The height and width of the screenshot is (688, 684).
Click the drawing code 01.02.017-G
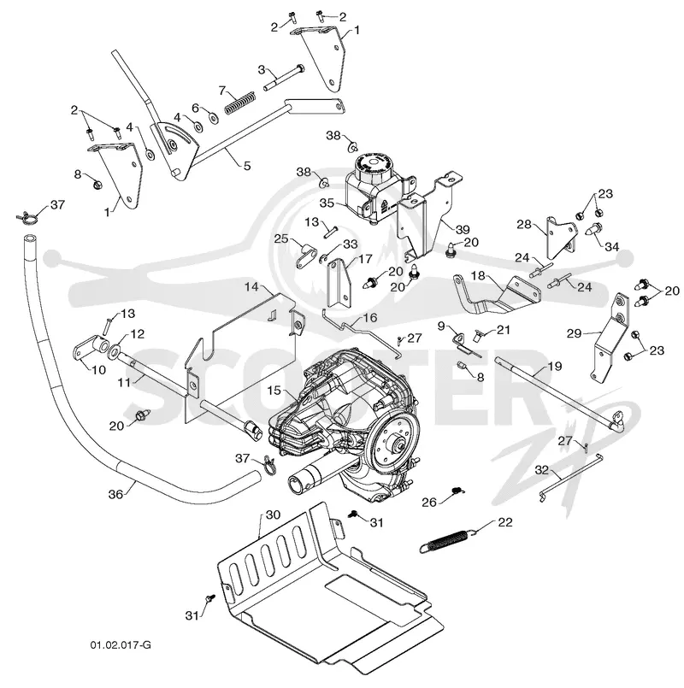pyautogui.click(x=121, y=645)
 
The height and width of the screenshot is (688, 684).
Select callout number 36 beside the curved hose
pyautogui.click(x=115, y=494)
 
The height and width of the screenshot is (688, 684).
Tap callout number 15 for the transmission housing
pyautogui.click(x=274, y=390)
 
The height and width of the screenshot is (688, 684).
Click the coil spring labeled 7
pyautogui.click(x=240, y=103)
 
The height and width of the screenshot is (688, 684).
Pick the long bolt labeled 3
pyautogui.click(x=284, y=77)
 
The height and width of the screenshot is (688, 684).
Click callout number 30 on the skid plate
pyautogui.click(x=273, y=515)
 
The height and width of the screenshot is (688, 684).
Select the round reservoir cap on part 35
pyautogui.click(x=372, y=163)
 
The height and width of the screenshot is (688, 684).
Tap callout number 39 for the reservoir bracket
pyautogui.click(x=463, y=229)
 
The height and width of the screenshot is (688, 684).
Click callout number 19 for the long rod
pyautogui.click(x=555, y=366)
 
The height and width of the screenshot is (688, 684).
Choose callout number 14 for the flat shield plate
pyautogui.click(x=251, y=287)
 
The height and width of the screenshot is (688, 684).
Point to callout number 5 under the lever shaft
pyautogui.click(x=247, y=166)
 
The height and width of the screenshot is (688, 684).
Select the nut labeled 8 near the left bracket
pyautogui.click(x=97, y=185)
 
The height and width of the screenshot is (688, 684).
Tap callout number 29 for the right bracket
pyautogui.click(x=574, y=333)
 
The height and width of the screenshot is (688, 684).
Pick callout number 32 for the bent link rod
pyautogui.click(x=542, y=470)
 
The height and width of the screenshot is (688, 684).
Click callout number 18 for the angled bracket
pyautogui.click(x=478, y=275)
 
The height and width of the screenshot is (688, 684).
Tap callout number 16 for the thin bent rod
pyautogui.click(x=370, y=317)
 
